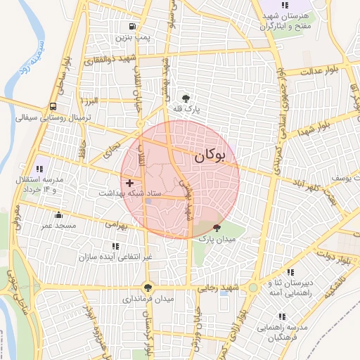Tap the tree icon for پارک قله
[186, 98]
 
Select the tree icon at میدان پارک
[216, 227]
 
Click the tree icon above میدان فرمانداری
[148, 287]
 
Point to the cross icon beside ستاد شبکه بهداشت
[129, 182]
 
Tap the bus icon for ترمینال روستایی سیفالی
[53, 107]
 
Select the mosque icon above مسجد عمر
[58, 214]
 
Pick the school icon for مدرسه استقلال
[39, 169]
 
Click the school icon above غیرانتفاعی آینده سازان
[115, 247]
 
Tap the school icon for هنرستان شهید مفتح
[284, 5]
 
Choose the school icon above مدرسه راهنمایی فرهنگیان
[282, 317]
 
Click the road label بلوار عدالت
[320, 71]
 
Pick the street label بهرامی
[118, 226]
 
